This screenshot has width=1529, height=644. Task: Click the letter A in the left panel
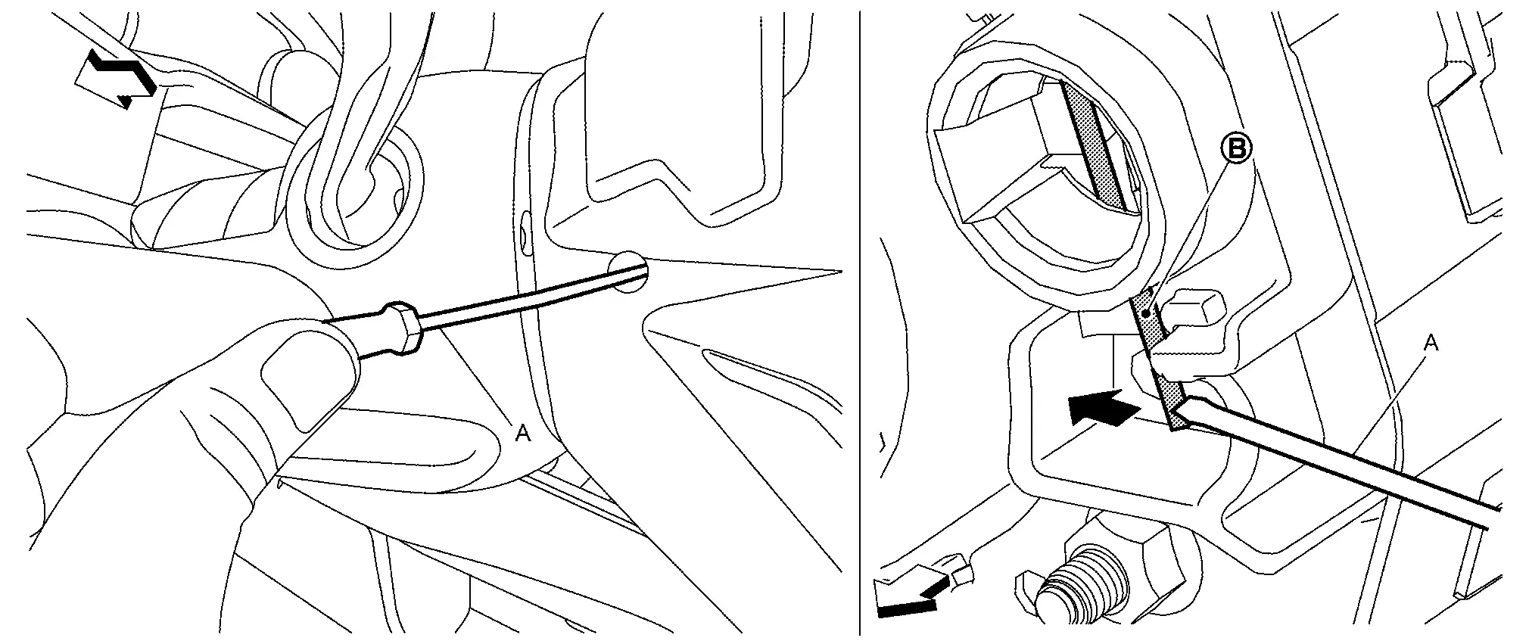pyautogui.click(x=522, y=433)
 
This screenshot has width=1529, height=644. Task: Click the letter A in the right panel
pyautogui.click(x=1431, y=344)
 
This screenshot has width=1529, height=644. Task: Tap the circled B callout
pyautogui.click(x=1236, y=150)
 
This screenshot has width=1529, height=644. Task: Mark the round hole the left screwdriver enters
pyautogui.click(x=629, y=272)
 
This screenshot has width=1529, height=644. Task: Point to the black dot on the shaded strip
pyautogui.click(x=1148, y=313)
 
